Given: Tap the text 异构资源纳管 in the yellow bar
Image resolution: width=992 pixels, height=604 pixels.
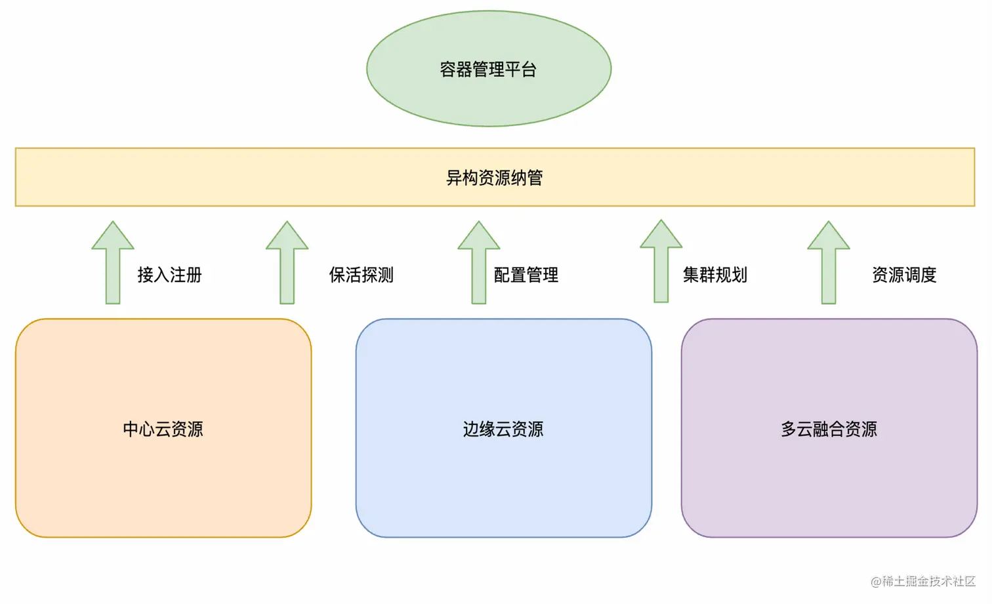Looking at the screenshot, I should pyautogui.click(x=494, y=178).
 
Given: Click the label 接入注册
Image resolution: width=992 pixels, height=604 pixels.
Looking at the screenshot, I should pyautogui.click(x=169, y=275).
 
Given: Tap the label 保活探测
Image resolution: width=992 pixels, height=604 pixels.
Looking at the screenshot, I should pyautogui.click(x=361, y=275).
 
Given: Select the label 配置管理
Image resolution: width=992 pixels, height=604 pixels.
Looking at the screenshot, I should pyautogui.click(x=526, y=275).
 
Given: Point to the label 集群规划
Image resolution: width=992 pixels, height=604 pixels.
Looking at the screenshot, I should pyautogui.click(x=714, y=275).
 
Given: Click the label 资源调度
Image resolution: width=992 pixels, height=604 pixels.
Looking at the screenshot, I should pyautogui.click(x=903, y=275).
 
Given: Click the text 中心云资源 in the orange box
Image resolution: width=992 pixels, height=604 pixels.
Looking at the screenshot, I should pyautogui.click(x=163, y=429).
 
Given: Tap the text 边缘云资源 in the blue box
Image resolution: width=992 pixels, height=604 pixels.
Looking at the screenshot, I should pyautogui.click(x=503, y=429).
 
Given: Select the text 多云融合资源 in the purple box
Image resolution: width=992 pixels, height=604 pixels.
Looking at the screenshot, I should pyautogui.click(x=829, y=429).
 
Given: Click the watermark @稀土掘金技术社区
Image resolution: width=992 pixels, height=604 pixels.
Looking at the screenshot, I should pyautogui.click(x=922, y=581).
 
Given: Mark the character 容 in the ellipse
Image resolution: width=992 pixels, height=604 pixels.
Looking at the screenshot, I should pyautogui.click(x=448, y=70).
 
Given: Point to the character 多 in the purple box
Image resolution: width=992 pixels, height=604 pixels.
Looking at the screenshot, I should pyautogui.click(x=789, y=429).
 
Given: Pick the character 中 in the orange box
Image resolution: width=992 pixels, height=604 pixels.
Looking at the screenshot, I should pyautogui.click(x=131, y=429).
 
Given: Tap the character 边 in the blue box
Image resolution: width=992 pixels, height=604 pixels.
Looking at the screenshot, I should pyautogui.click(x=471, y=429).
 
